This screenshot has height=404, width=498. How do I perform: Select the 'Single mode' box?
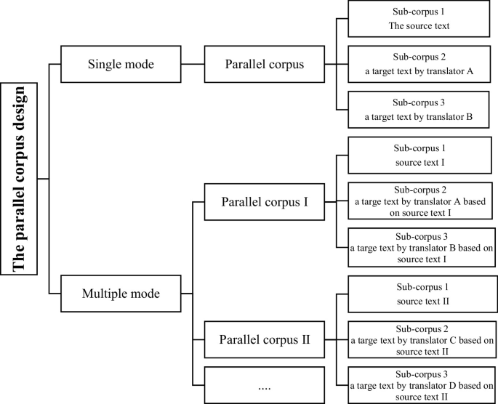click(121, 64)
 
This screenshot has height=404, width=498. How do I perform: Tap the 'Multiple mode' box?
click(121, 294)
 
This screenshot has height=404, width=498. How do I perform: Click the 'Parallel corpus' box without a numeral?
click(264, 64)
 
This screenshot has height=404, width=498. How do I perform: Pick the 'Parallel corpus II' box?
click(264, 339)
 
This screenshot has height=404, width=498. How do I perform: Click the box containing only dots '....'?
click(264, 386)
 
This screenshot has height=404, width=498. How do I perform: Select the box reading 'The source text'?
click(419, 19)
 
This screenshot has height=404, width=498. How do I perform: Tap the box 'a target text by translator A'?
click(419, 64)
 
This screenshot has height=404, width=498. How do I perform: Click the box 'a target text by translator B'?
click(419, 109)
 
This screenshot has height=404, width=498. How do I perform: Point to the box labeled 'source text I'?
click(419, 155)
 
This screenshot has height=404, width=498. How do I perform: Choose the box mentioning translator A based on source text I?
click(419, 201)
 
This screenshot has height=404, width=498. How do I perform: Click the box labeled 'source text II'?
click(419, 294)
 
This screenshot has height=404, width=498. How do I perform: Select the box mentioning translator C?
click(419, 339)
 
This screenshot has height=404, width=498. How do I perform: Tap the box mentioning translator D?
click(419, 385)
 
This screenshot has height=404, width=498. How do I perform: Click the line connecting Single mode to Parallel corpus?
click(193, 64)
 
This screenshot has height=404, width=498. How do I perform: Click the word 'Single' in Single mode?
click(105, 64)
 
